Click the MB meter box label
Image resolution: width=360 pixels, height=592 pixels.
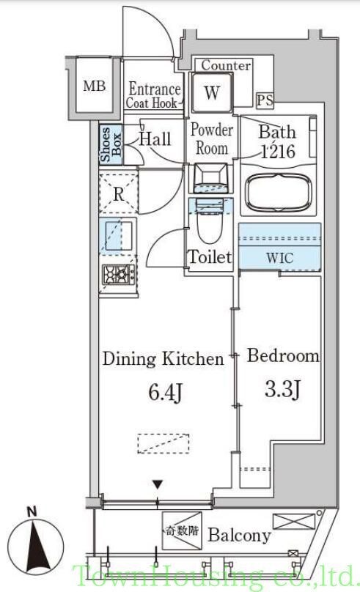[94, 86]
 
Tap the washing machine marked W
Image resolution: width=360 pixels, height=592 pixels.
[212, 92]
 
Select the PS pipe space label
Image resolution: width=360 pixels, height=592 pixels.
[265, 100]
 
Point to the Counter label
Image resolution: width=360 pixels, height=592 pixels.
[226, 65]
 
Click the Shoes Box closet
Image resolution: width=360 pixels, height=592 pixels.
[111, 144]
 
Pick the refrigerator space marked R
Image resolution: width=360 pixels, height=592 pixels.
[119, 193]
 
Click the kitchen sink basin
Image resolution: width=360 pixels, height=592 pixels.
[119, 236]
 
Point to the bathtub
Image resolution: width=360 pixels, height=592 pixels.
[279, 193]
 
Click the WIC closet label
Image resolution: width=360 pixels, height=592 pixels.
[279, 258]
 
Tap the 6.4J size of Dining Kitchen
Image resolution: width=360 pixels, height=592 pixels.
[166, 392]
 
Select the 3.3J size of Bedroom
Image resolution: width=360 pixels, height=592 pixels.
[282, 389]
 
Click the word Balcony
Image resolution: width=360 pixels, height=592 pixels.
[240, 535]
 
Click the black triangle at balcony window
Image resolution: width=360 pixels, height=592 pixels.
[158, 484]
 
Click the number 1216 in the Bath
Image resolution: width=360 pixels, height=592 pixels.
[279, 152]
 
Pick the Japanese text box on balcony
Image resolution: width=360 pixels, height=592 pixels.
[182, 531]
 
